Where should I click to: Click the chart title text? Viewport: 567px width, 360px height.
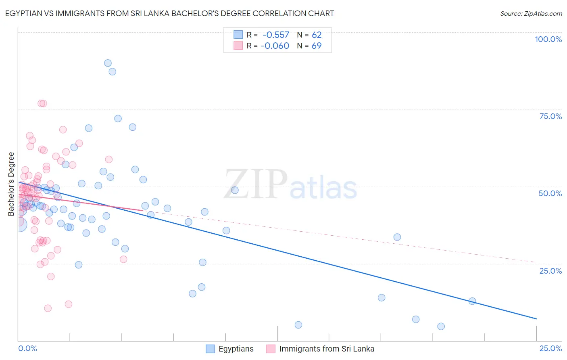click(x=169, y=13)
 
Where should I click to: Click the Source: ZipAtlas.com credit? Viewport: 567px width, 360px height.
click(x=531, y=13)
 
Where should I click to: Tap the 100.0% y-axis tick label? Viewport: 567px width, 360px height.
click(x=548, y=39)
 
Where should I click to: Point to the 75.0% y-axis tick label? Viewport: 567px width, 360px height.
click(x=550, y=116)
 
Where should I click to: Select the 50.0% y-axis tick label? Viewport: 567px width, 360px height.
click(x=550, y=193)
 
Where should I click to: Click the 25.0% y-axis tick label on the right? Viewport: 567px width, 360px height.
click(x=550, y=271)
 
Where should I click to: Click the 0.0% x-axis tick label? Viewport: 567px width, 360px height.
click(x=27, y=348)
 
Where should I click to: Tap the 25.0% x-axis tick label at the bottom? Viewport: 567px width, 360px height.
click(x=550, y=348)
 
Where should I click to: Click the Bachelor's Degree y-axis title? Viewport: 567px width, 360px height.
click(x=11, y=184)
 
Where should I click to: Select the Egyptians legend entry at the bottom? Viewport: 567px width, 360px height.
click(x=236, y=349)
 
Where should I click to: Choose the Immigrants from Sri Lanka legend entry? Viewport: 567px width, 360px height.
click(x=327, y=349)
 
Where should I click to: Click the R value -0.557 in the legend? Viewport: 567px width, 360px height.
click(x=276, y=35)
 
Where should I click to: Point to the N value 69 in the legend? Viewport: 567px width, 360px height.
click(x=317, y=46)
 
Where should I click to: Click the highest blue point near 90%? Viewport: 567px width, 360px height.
click(x=108, y=63)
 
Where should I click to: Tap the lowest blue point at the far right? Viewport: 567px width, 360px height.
click(x=441, y=327)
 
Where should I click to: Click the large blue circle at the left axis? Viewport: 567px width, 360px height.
click(x=20, y=224)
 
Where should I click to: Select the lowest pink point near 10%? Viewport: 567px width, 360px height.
click(x=48, y=308)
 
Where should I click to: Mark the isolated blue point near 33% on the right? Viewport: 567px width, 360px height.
click(x=397, y=237)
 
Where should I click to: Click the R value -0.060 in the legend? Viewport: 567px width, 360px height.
click(x=275, y=46)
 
